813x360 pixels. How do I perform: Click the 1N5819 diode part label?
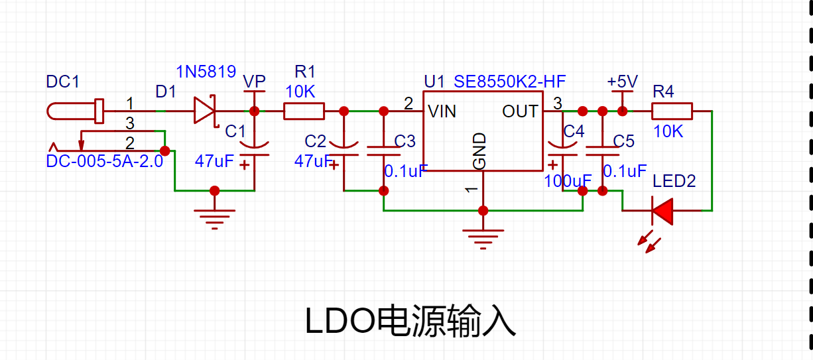point(206,72)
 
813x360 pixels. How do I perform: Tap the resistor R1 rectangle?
point(304,111)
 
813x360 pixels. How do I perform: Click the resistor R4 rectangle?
point(672,111)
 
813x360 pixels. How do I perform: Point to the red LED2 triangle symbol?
point(662,211)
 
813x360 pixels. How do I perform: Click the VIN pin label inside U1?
point(442,111)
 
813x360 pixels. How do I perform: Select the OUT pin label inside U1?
point(520,111)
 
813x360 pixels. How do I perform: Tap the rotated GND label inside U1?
point(479,151)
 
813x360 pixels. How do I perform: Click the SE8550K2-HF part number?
point(509,82)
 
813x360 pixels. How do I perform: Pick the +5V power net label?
point(622,82)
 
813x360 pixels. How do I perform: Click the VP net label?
point(254,82)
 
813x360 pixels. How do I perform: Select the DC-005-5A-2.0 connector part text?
point(105,161)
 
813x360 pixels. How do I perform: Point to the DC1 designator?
point(62,82)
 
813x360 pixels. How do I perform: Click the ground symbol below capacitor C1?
point(214,219)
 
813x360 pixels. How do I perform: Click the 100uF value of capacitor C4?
point(568,181)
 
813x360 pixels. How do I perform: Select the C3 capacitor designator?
point(405,141)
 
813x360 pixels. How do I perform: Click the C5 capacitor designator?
point(623,141)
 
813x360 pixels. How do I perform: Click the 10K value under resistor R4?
point(668,131)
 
